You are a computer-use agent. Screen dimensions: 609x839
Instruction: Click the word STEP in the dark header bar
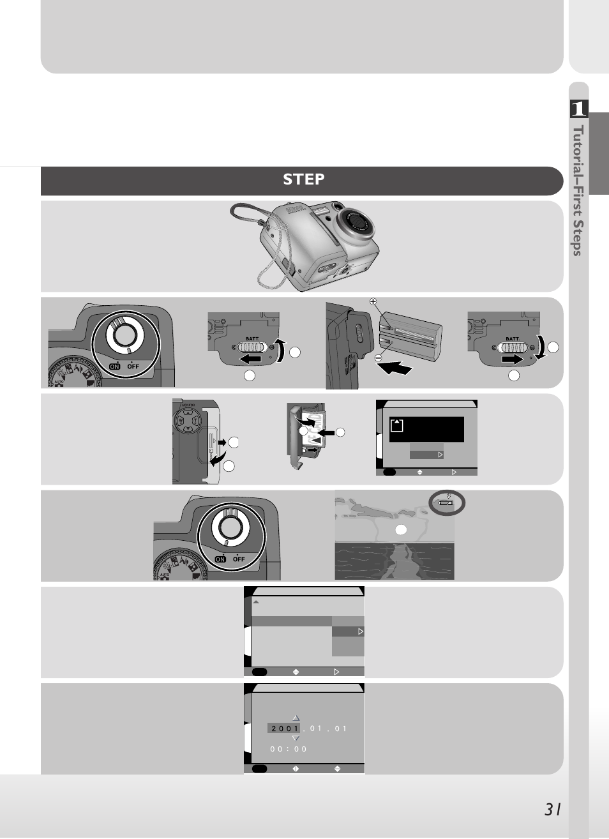[x=303, y=179]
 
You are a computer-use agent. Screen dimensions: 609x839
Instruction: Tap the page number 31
[x=553, y=810]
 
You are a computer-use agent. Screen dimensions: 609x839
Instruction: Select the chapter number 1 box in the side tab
[x=578, y=109]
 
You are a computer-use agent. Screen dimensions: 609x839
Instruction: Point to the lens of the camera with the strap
[x=357, y=222]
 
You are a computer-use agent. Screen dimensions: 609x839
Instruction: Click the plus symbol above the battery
[x=373, y=301]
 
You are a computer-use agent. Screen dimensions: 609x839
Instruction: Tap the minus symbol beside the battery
[x=378, y=358]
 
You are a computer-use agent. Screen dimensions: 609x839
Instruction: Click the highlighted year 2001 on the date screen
[x=285, y=729]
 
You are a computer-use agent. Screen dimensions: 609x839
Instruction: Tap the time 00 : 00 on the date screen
[x=289, y=750]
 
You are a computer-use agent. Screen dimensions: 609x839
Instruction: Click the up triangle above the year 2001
[x=296, y=718]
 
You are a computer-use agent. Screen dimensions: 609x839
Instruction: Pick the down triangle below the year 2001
[x=296, y=739]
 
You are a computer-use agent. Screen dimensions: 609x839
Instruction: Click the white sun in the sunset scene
[x=400, y=529]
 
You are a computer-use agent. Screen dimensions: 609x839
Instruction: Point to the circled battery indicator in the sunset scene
[x=447, y=503]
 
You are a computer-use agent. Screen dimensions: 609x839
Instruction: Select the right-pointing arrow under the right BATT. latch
[x=512, y=359]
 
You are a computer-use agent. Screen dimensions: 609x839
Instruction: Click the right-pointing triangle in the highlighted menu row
[x=361, y=631]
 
